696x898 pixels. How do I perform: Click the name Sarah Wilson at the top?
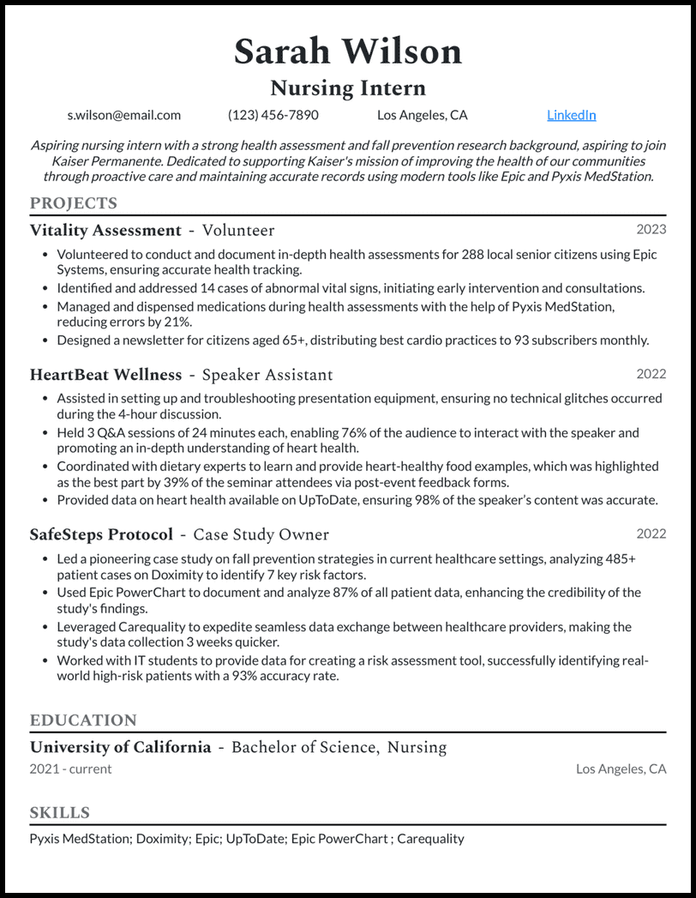(x=347, y=51)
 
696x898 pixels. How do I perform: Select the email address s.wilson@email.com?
(x=123, y=115)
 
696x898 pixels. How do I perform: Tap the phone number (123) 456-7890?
(x=273, y=115)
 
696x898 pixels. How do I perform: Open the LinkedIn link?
(x=571, y=115)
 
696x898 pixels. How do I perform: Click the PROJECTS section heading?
(x=73, y=203)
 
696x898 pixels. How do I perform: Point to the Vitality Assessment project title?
(x=105, y=230)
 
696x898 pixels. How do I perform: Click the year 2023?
(x=651, y=229)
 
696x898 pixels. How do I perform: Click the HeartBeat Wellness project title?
(x=105, y=375)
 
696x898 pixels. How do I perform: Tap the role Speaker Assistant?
(x=267, y=375)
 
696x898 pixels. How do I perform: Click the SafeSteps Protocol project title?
(x=101, y=534)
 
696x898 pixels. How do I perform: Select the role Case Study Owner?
(x=261, y=534)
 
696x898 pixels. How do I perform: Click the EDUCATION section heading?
(x=83, y=720)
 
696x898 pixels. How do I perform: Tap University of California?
(x=120, y=747)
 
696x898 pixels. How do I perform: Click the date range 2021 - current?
(x=70, y=768)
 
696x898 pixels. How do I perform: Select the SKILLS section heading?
(x=59, y=812)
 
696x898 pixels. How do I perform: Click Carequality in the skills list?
(x=430, y=838)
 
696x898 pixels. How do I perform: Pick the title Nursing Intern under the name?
(x=347, y=87)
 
